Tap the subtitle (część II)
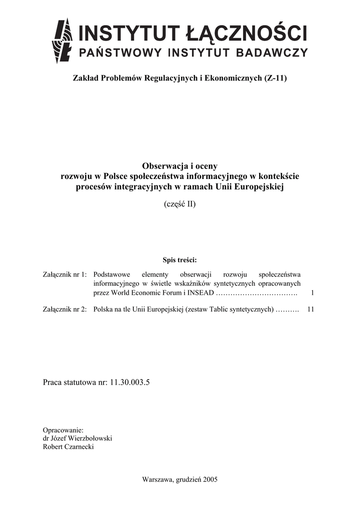pos(180,204)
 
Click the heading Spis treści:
pos(180,260)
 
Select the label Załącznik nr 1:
pos(65,274)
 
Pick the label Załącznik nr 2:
pos(65,309)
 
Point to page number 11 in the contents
pos(311,309)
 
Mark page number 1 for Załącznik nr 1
pos(312,293)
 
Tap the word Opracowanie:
pos(63,430)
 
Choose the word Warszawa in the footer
pos(158,480)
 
